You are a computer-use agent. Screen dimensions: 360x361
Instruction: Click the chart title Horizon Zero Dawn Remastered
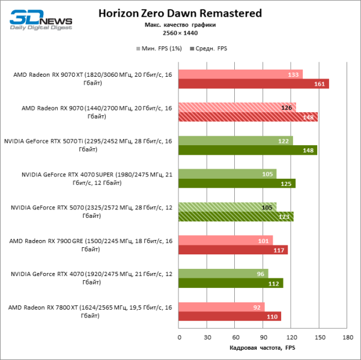coord(180,13)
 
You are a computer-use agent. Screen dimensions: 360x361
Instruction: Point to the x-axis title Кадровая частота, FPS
coord(263,348)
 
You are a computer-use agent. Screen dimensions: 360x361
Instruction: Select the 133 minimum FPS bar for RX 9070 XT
coord(240,74)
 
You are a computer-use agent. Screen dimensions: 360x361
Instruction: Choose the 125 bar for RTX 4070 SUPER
coord(237,183)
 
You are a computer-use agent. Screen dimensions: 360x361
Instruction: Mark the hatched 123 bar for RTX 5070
coord(236,217)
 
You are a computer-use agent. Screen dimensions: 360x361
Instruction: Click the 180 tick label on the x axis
coord(347,337)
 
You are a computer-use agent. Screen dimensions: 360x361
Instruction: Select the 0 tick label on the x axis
coord(179,337)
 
